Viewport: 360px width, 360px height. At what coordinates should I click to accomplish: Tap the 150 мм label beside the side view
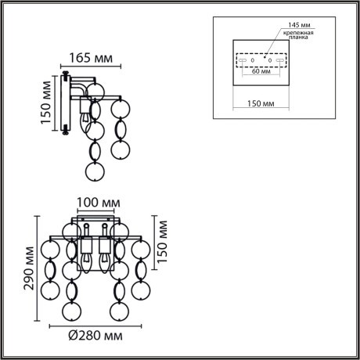point(45,104)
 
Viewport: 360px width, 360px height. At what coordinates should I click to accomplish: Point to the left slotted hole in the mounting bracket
point(244,59)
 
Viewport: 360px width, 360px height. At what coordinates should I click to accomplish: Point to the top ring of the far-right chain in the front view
point(141,250)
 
